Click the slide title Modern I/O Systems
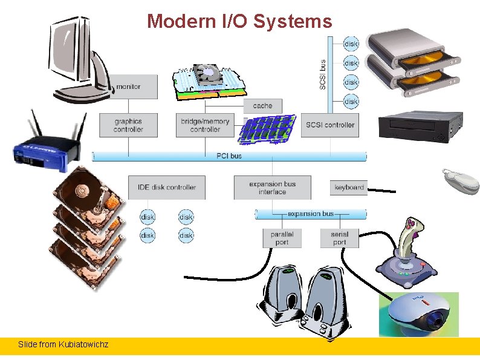point(239,22)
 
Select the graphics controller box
point(128,125)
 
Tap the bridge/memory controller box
point(205,125)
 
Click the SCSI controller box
point(330,125)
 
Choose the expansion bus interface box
point(272,188)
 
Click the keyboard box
point(349,188)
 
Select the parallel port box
point(281,238)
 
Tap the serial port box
point(339,238)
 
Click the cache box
point(262,106)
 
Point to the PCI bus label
point(229,156)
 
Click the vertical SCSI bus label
point(323,74)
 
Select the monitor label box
point(129,87)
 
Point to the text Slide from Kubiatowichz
point(63,344)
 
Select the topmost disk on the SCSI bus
point(351,44)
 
